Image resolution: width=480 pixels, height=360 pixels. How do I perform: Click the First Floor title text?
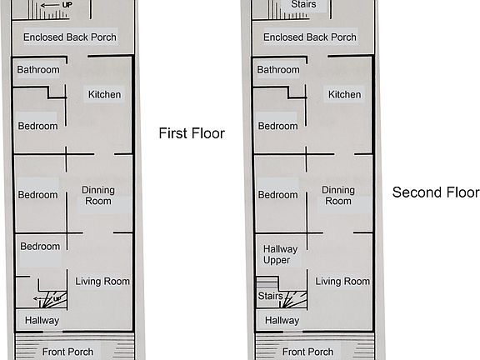192,133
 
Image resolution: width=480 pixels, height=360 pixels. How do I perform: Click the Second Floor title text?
436,192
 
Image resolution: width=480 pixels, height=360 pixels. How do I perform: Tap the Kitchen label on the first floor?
105,94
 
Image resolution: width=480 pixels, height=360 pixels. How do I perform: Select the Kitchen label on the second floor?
345,94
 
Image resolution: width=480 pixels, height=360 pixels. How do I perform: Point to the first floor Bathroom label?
38,70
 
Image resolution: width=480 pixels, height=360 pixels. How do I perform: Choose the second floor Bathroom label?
278,70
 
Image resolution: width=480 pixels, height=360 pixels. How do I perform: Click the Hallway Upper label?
277,254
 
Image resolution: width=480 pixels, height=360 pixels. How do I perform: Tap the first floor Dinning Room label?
98,196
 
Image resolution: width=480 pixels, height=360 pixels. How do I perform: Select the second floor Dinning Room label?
338,196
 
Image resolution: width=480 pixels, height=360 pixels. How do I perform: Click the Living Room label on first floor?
102,282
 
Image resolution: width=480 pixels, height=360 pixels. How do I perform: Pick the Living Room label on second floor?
342,282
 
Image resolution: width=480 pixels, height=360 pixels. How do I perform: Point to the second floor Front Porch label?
308,352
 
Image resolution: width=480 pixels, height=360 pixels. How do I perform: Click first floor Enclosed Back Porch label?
70,37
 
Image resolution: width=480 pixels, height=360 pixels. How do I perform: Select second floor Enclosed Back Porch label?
310,37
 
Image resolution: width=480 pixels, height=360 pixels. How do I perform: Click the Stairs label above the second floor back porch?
297,6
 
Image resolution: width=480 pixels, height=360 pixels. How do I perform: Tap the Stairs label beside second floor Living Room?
269,295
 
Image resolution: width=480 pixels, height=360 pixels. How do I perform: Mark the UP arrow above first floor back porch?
55,5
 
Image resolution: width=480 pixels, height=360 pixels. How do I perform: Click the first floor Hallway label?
42,320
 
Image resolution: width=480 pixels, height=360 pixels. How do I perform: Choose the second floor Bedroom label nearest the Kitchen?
278,126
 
